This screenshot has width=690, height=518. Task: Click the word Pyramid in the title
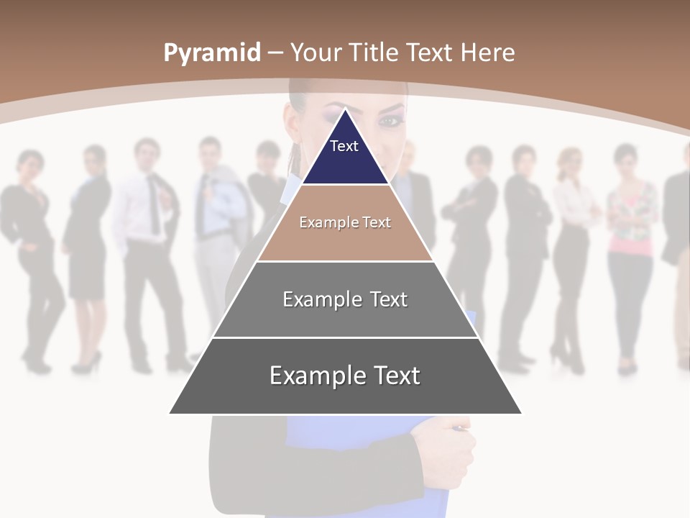(x=212, y=53)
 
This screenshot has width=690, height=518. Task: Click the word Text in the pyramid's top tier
(x=344, y=146)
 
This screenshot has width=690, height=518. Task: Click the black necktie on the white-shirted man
(x=154, y=205)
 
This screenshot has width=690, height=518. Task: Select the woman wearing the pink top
(x=631, y=245)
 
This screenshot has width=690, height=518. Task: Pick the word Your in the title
(x=316, y=53)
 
